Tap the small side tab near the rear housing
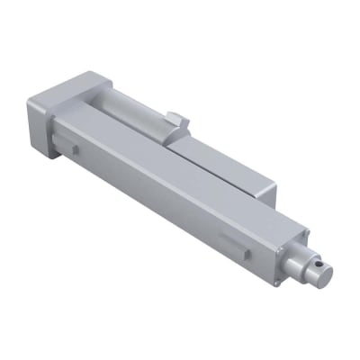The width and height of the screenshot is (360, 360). coord(73,143)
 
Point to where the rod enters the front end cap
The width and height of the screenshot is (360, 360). coord(292,253)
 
